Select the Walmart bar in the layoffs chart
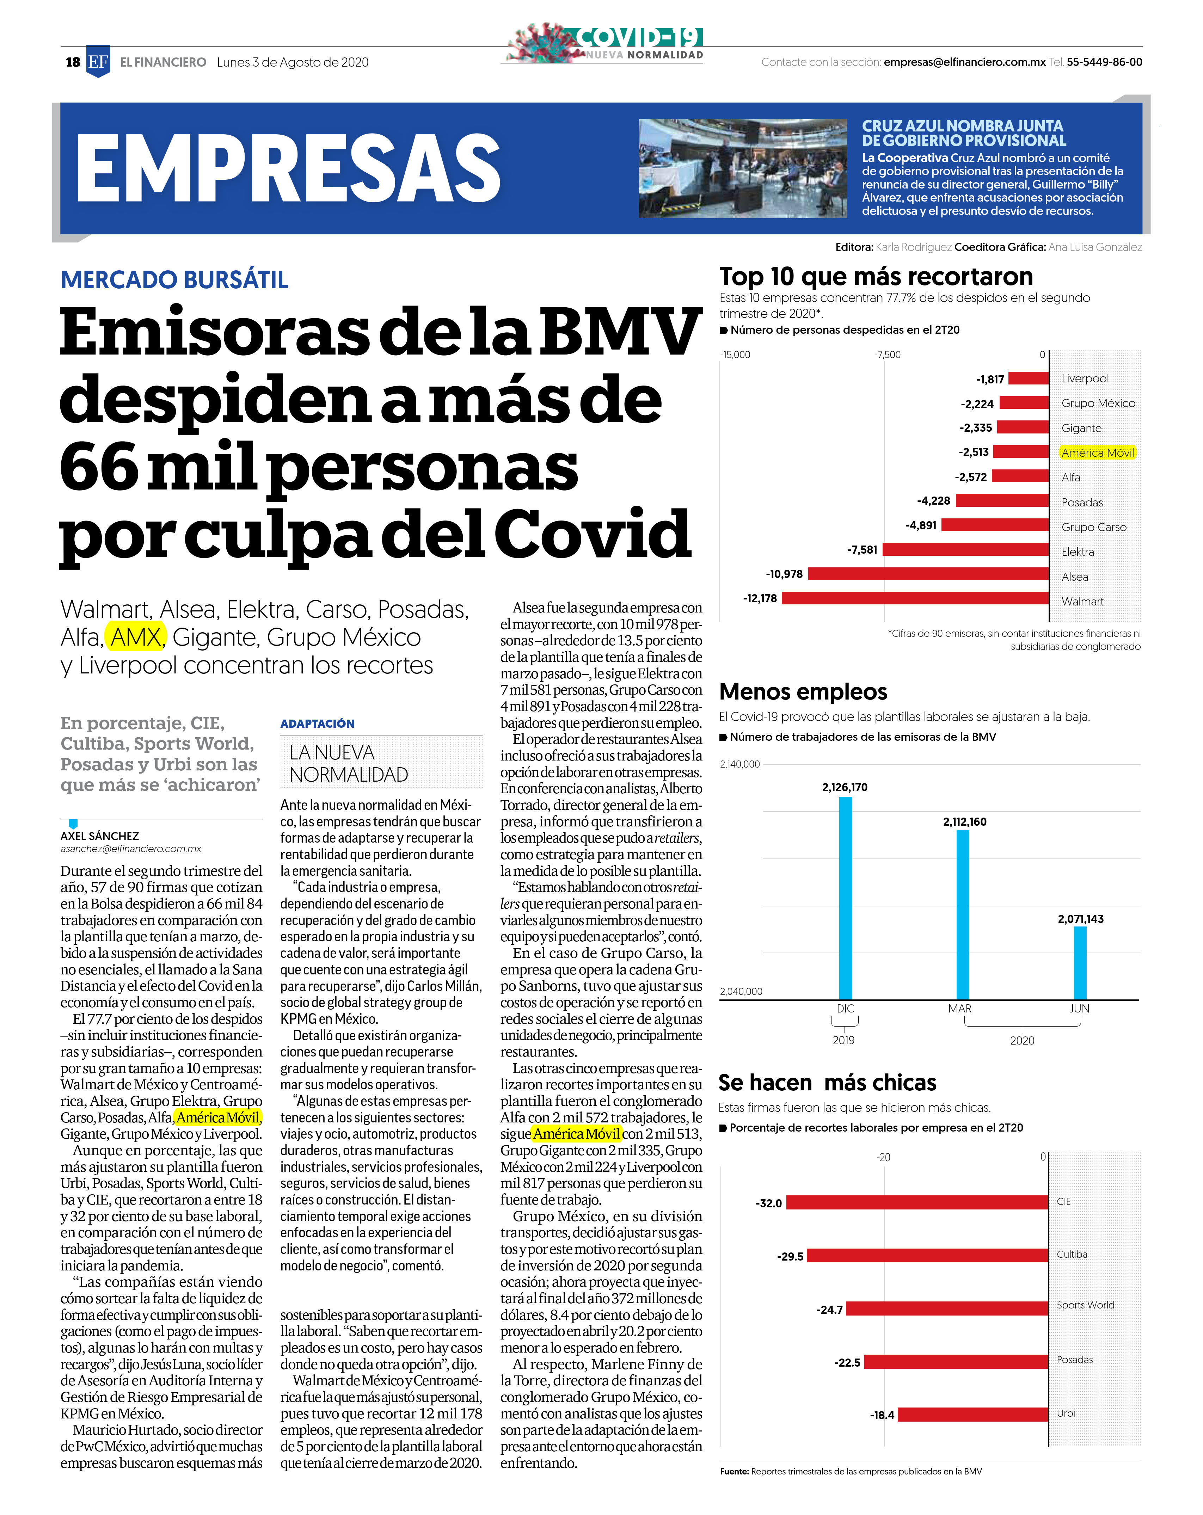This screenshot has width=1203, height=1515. pyautogui.click(x=915, y=598)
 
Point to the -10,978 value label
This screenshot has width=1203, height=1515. pyautogui.click(x=784, y=574)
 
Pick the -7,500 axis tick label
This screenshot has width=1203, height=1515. pyautogui.click(x=887, y=355)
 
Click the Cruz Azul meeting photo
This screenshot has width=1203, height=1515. pyautogui.click(x=743, y=168)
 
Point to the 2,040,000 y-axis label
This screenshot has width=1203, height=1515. pyautogui.click(x=741, y=991)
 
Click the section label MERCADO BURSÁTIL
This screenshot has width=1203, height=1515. pyautogui.click(x=174, y=280)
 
